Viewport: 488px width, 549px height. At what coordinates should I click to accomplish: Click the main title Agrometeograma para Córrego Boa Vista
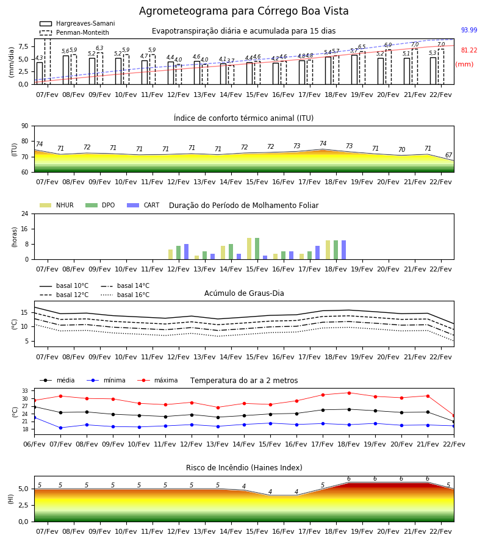243,11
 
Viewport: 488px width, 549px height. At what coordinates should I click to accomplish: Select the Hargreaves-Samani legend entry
77,23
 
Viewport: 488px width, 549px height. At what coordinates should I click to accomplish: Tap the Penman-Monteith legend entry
74,32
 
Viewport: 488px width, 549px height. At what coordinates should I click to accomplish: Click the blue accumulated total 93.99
469,30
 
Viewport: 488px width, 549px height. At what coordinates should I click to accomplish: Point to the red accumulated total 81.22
469,51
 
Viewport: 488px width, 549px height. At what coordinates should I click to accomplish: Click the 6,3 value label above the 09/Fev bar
99,48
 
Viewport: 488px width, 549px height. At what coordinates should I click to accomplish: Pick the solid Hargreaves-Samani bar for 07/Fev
40,73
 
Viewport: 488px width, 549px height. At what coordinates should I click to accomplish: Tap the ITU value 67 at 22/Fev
448,155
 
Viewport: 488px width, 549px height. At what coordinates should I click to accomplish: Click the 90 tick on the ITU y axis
25,126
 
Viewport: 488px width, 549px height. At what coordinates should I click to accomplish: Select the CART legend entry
143,205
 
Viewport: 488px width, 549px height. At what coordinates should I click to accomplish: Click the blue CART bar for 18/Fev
344,250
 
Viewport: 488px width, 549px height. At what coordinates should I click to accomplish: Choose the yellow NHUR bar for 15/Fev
249,249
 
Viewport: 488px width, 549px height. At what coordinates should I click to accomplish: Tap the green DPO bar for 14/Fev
231,252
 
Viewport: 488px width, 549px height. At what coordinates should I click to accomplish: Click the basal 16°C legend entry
125,295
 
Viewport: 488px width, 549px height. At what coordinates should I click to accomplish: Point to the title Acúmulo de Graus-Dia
244,293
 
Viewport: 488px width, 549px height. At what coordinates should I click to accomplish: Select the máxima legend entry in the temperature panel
157,380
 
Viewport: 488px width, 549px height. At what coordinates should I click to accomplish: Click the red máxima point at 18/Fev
349,393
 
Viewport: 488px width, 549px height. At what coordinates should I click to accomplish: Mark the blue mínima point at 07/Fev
60,428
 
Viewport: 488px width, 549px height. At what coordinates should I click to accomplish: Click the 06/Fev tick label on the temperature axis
34,444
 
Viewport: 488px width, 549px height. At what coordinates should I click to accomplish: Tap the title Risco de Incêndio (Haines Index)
244,468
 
